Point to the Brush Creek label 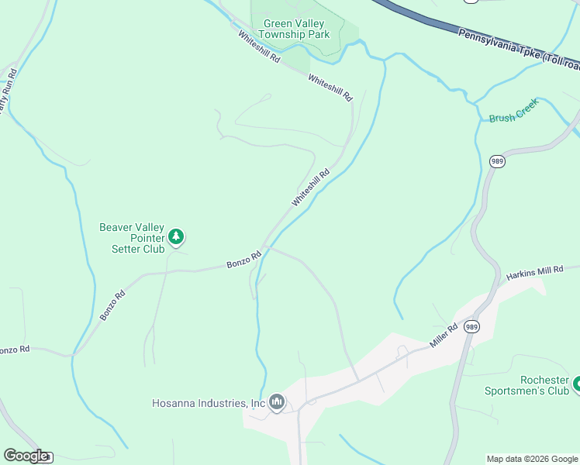tap(513, 119)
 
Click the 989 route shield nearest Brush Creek tap(497, 161)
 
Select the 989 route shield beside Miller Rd tap(471, 327)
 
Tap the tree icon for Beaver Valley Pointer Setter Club tap(177, 236)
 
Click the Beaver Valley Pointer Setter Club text tap(132, 238)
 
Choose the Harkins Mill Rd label tap(534, 272)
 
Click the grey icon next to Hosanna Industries tap(277, 402)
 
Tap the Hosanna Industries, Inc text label tap(209, 403)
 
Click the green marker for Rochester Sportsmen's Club tap(575, 384)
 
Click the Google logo tap(26, 456)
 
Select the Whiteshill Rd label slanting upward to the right tap(311, 187)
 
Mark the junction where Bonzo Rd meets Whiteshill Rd tap(264, 249)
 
